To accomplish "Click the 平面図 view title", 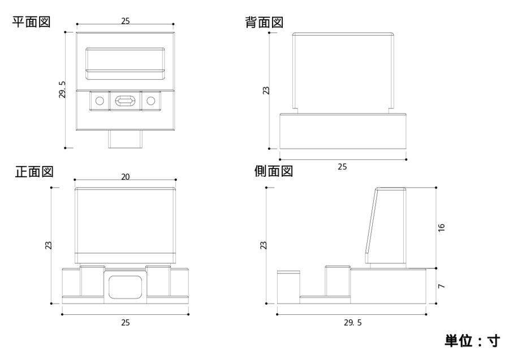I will click(x=32, y=22).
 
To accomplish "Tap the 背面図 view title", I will click(x=264, y=23).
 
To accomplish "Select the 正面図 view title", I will click(x=34, y=172).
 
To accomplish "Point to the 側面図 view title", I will click(x=274, y=171).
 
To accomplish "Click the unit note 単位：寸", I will click(x=472, y=341).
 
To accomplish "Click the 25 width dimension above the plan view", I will click(x=126, y=21).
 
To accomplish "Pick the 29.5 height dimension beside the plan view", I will click(x=63, y=89).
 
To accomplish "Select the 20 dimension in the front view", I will click(x=126, y=177).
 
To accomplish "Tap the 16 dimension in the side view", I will click(x=442, y=227).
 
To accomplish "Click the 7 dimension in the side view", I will click(x=442, y=287).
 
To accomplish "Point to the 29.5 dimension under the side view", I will click(x=352, y=323).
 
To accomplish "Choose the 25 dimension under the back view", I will click(x=343, y=167).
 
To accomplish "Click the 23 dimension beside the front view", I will click(x=49, y=245).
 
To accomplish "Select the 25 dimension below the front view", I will click(x=126, y=323).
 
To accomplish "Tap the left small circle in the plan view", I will click(x=100, y=101).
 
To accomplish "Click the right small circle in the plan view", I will click(x=150, y=101).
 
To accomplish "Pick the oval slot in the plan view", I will click(x=125, y=101).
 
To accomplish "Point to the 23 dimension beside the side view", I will click(x=263, y=245).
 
